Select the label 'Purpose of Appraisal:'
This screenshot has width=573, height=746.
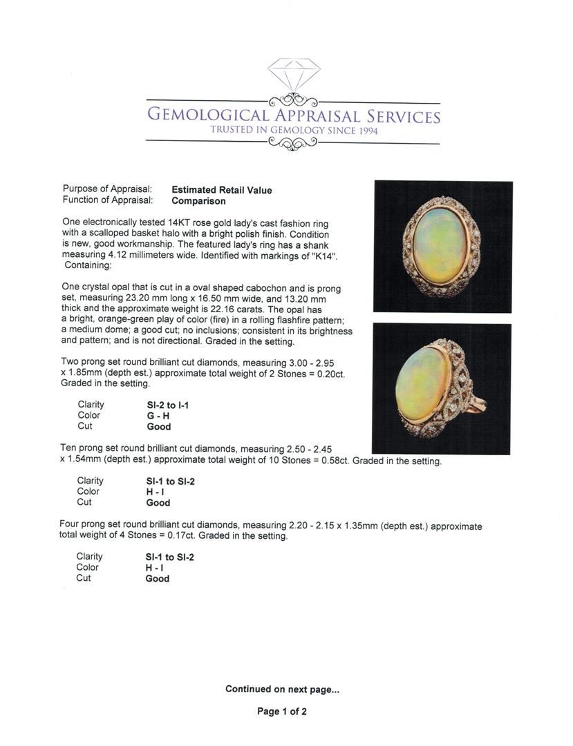pos(107,189)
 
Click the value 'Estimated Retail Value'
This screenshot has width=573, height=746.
pos(221,190)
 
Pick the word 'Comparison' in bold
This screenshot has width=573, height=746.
pos(198,201)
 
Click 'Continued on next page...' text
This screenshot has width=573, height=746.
pos(282,689)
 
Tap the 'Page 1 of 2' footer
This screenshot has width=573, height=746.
pos(282,711)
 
